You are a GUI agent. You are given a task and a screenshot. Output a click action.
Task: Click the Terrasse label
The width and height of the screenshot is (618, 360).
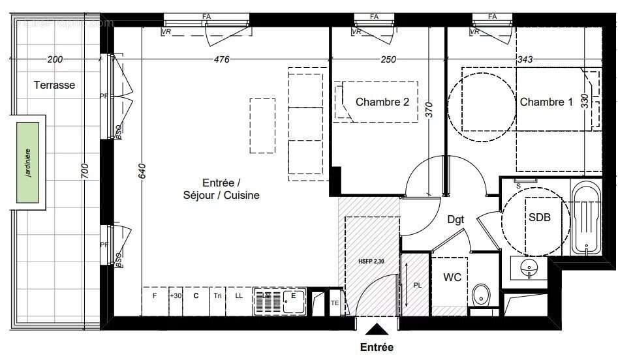click(x=55, y=85)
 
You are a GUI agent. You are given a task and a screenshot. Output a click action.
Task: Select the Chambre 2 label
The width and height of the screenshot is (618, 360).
click(x=382, y=102)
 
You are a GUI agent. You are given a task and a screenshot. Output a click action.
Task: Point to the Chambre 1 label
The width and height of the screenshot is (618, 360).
click(x=546, y=102)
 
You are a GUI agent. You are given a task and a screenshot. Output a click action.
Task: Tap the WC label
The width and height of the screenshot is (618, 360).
click(x=452, y=278)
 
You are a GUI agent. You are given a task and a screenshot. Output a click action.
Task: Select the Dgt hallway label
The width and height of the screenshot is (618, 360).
click(x=456, y=220)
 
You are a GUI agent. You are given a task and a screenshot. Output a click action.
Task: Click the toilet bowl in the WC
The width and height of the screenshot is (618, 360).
click(x=482, y=294)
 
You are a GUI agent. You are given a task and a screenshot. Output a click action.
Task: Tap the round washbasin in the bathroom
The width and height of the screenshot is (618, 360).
click(x=529, y=266)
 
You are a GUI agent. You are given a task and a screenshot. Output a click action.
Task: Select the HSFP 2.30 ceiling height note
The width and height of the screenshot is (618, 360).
click(x=371, y=260)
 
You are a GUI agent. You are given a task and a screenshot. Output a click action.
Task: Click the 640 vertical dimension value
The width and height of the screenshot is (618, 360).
click(x=142, y=169)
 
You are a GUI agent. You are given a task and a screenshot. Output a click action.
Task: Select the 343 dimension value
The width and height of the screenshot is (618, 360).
click(x=524, y=59)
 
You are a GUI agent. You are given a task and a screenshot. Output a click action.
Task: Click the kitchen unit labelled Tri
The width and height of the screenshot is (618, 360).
click(x=217, y=295)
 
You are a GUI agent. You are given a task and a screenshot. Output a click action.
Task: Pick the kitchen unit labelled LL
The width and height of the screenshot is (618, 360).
click(x=239, y=295)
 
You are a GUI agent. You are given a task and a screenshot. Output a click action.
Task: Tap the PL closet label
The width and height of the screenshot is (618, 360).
click(x=418, y=285)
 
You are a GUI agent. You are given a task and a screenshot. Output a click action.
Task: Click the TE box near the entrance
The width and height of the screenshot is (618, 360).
click(x=335, y=303)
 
